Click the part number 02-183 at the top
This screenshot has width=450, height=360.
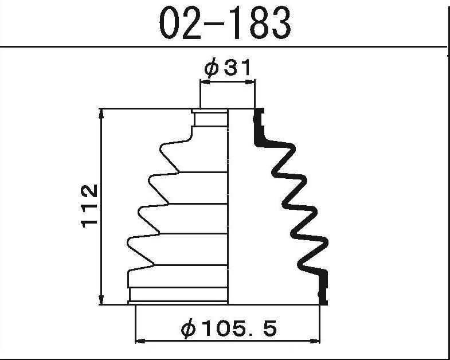225,23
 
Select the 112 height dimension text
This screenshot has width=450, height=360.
89,206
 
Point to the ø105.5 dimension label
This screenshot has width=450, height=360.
229,328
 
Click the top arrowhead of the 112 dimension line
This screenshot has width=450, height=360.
101,114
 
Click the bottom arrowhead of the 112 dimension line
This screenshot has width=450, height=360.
101,300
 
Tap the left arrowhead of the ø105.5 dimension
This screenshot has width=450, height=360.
139,341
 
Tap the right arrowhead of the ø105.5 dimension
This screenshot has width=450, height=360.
315,341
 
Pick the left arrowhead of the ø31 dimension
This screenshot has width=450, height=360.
205,83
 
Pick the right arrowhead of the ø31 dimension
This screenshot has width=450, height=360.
251,83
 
